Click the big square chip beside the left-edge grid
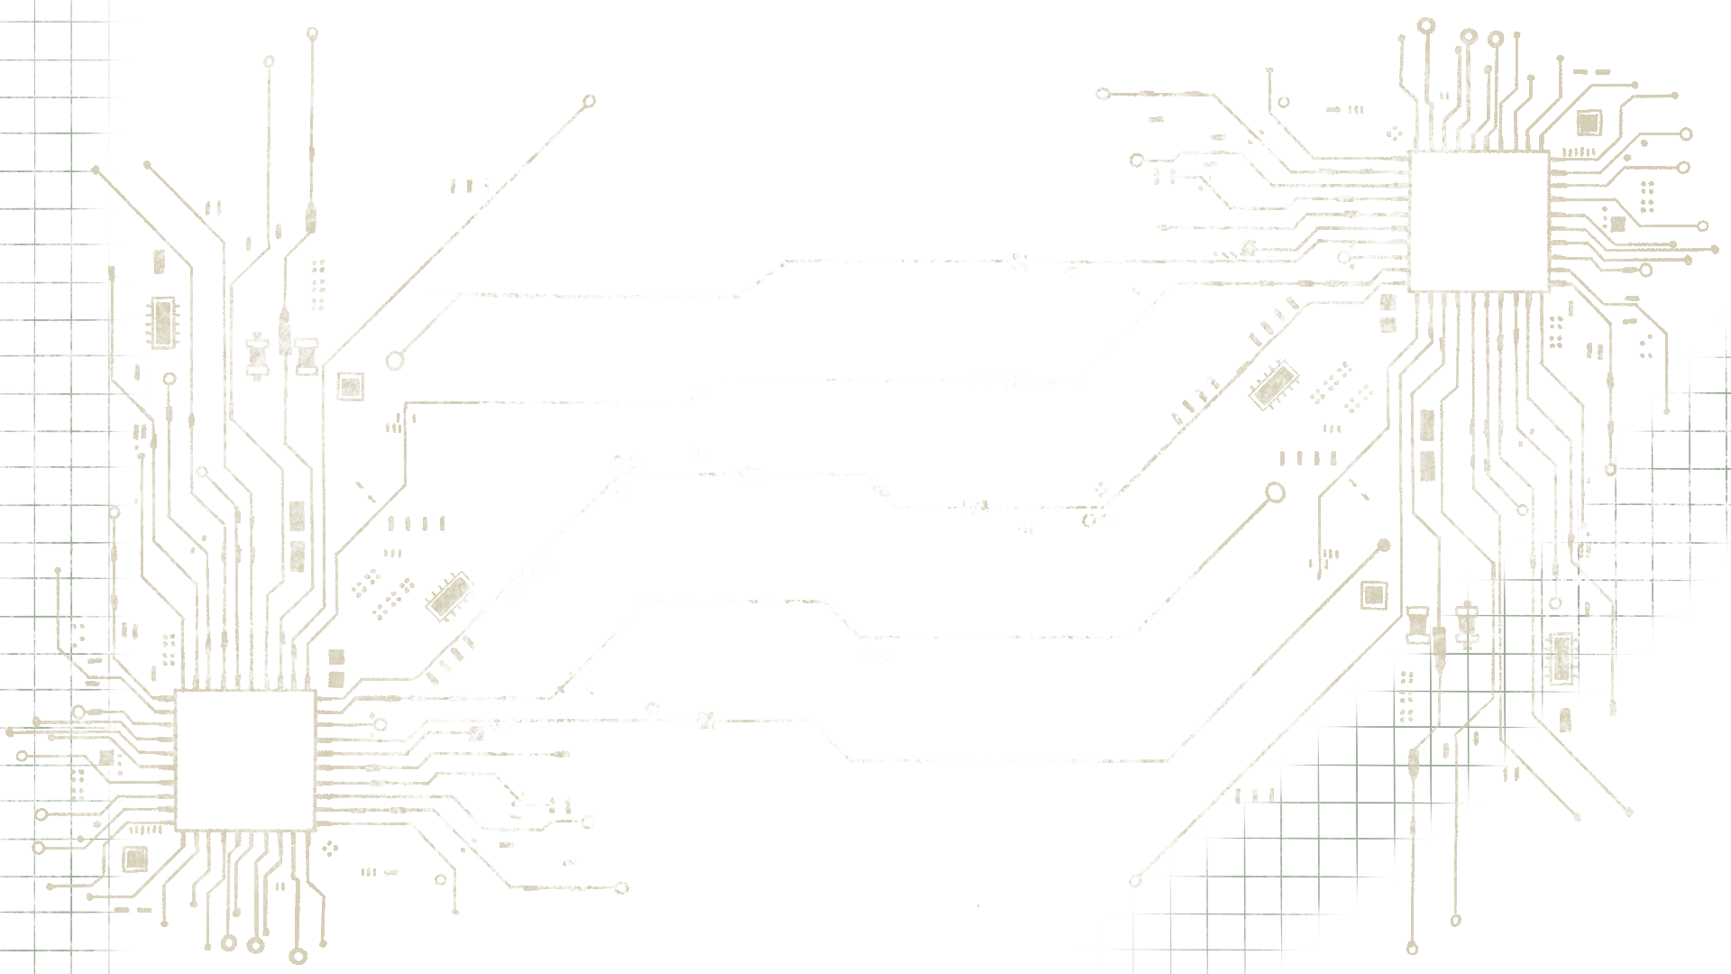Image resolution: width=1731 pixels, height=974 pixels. pos(244,759)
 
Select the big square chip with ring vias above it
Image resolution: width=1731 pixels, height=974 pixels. pos(1479,221)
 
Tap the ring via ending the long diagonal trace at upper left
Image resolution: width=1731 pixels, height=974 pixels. pos(590,101)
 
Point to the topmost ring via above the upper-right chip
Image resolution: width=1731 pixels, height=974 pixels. pos(1426,25)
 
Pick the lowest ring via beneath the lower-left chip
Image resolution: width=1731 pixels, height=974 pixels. pos(298,956)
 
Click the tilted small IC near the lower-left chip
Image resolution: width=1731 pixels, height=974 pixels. pos(450,595)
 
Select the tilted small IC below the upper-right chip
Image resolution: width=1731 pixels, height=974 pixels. pos(1273,385)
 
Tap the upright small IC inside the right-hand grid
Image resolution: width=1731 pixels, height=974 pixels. pos(1561,657)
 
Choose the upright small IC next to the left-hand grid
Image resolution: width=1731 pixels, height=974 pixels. pos(163,321)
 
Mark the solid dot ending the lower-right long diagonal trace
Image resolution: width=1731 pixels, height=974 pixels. pos(1385,545)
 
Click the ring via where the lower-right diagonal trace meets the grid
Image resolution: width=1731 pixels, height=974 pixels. pos(1135,881)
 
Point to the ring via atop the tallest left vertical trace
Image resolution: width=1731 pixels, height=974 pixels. pos(312,33)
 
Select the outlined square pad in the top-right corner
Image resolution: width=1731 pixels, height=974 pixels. pos(1588,123)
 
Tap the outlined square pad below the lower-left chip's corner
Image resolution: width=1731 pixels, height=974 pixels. pos(135,857)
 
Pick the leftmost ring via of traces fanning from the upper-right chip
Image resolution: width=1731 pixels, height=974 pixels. pos(1103,94)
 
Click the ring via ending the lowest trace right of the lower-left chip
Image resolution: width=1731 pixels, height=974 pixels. pos(621,888)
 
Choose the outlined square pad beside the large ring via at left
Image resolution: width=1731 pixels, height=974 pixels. pos(350,386)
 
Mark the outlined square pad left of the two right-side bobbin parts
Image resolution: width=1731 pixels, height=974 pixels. pos(1373,593)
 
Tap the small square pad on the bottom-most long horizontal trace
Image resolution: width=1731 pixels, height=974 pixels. pos(706,720)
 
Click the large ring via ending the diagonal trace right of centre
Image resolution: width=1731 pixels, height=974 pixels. pos(1275,492)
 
